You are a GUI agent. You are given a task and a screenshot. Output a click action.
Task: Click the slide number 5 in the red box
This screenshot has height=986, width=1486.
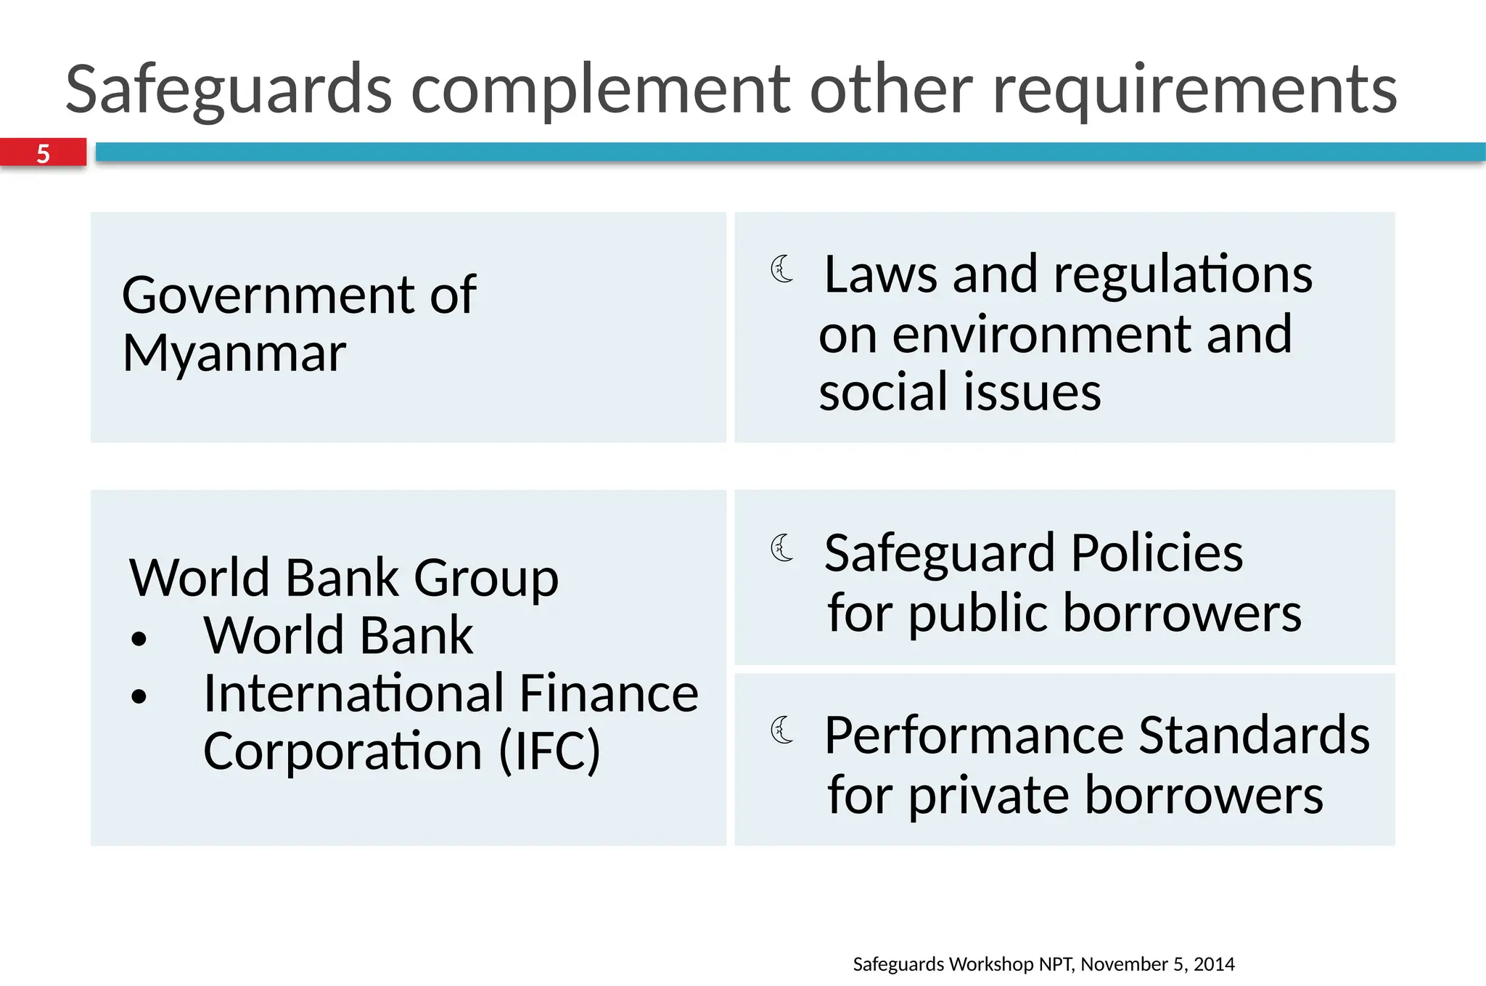[x=44, y=154]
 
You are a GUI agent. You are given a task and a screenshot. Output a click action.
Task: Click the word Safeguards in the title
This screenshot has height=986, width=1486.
[x=229, y=90]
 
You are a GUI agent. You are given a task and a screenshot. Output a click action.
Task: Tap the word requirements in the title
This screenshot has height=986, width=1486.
[x=1194, y=90]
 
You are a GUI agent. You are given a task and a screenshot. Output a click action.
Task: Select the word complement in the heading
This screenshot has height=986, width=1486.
[x=601, y=90]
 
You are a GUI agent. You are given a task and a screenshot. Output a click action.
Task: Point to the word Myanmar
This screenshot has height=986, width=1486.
[x=234, y=354]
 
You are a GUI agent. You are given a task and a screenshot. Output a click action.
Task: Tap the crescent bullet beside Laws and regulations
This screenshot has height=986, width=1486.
[x=782, y=269]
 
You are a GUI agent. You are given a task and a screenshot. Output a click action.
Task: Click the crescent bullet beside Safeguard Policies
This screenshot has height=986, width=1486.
[x=782, y=548]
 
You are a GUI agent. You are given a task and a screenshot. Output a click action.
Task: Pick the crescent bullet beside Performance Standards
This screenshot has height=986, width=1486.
[x=782, y=730]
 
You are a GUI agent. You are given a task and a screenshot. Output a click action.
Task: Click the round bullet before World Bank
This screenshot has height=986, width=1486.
[x=139, y=639]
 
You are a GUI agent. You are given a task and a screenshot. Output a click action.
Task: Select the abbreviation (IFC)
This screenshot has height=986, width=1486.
[x=549, y=751]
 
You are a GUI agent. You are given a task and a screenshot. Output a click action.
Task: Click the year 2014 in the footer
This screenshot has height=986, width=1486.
[x=1214, y=964]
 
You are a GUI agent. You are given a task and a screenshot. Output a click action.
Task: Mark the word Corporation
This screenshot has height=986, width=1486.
[x=342, y=751]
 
